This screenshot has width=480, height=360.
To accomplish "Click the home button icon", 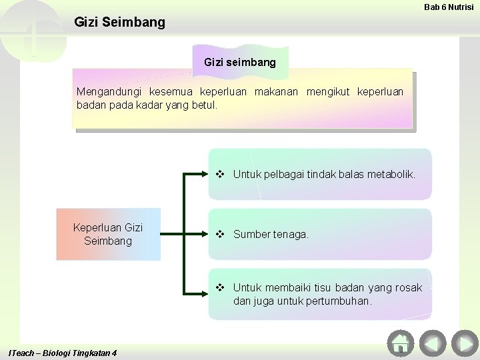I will click(x=401, y=343).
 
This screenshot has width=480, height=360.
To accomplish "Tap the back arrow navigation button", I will click(x=432, y=343).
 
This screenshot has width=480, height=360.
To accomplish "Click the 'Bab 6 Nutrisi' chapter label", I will click(x=449, y=7).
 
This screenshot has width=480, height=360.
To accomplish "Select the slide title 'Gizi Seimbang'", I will click(x=119, y=22).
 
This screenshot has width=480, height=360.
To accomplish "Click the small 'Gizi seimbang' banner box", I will click(x=240, y=62).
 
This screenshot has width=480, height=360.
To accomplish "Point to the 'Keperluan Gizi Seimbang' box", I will click(x=108, y=234).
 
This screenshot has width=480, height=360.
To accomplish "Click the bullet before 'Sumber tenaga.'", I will click(x=220, y=234).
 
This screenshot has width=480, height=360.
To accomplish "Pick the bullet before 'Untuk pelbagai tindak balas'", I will click(x=220, y=174).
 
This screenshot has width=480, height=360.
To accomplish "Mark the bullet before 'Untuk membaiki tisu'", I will click(x=220, y=287).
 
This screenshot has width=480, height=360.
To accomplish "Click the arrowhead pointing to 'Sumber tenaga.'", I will click(x=205, y=234).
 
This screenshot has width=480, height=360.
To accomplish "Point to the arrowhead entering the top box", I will click(x=205, y=175).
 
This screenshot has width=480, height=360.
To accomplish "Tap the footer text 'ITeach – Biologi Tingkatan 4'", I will click(x=63, y=353).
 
